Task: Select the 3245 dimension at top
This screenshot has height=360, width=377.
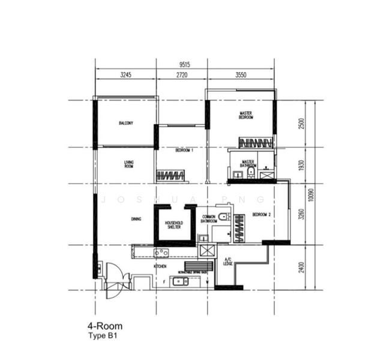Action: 125,76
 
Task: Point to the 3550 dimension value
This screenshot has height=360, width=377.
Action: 241,76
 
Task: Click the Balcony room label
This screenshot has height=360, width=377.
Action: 125,123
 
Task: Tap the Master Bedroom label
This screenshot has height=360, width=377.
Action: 246,115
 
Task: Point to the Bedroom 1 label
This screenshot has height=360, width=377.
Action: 184,151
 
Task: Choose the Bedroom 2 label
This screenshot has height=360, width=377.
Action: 262,214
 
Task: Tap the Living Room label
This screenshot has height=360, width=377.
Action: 128,164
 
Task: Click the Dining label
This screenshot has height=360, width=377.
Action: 136,219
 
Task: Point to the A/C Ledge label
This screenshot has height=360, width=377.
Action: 228,262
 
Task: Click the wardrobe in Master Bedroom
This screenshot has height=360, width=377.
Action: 256,143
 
